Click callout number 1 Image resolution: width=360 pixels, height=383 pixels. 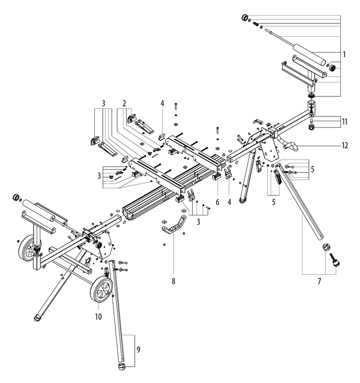(x=345, y=54)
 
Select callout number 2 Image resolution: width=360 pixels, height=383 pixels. (x=124, y=103)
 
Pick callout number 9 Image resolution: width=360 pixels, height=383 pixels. (x=138, y=349)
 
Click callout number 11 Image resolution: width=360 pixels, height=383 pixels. (x=345, y=121)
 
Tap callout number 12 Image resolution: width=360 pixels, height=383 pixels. (x=345, y=145)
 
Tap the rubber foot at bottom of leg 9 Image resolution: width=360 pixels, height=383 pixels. (x=121, y=367)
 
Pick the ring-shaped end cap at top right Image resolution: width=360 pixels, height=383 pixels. (x=246, y=18)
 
